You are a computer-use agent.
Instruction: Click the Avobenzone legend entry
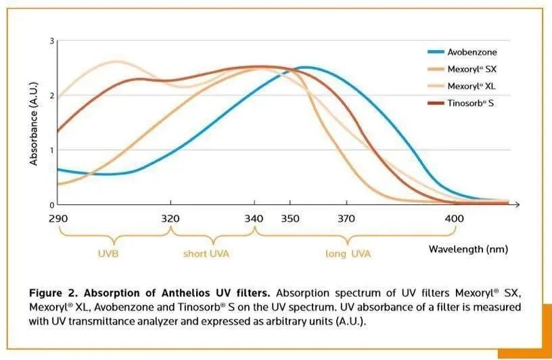tap(472, 52)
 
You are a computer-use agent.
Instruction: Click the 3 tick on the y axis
tap(51, 41)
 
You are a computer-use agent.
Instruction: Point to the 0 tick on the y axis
tap(51, 204)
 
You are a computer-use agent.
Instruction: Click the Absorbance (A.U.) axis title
tap(33, 122)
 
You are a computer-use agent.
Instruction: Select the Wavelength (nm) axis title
tap(467, 249)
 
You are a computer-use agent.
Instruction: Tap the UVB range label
tap(112, 254)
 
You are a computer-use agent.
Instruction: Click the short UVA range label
tap(212, 254)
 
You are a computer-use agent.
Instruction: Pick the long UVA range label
tap(348, 254)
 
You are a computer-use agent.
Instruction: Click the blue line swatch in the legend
tap(434, 52)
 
